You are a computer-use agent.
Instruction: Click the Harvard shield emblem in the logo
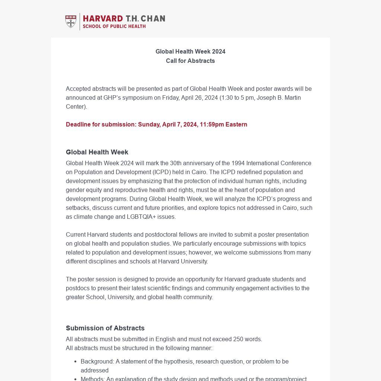(71, 22)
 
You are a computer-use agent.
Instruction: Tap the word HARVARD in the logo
(103, 19)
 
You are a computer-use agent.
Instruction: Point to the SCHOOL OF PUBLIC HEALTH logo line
(114, 26)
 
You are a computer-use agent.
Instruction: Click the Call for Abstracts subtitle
(190, 61)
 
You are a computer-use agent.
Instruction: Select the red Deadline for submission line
(156, 124)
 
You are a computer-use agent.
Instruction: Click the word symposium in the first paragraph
(140, 97)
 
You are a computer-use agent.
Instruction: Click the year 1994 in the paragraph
(238, 163)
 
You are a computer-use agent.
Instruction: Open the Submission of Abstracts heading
(105, 328)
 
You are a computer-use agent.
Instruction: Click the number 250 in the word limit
(238, 339)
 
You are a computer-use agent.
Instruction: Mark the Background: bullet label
(97, 361)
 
